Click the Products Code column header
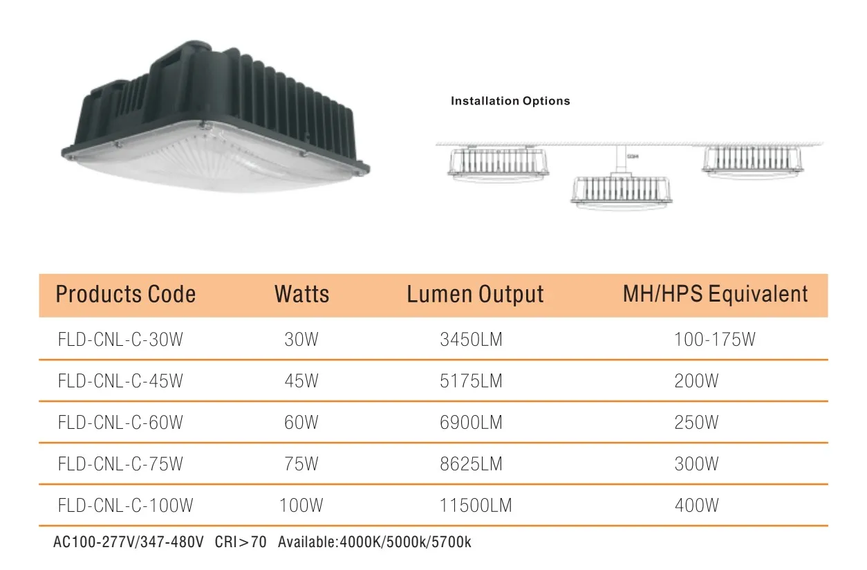pos(125,294)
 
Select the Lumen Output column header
pos(475,294)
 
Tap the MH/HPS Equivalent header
pos(715,294)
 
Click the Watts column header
pos(301,294)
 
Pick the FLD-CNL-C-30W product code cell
pos(120,340)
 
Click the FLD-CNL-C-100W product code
pos(125,506)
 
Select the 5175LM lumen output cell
pos(471,381)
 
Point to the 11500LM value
pos(476,506)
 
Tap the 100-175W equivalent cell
pos(715,340)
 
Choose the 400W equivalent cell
pos(696,506)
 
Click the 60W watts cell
pos(301,423)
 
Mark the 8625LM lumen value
pos(471,464)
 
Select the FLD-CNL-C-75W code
pos(120,464)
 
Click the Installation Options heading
pos(510,101)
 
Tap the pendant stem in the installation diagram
pos(620,158)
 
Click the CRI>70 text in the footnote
pos(240,542)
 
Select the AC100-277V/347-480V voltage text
pos(129,542)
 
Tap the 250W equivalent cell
pos(696,423)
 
